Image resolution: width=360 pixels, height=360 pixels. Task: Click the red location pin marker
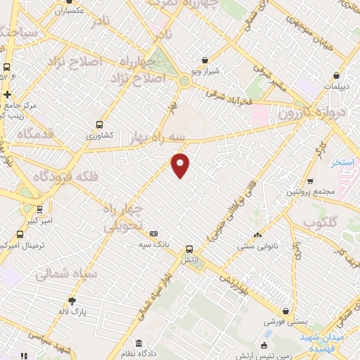point(181,165)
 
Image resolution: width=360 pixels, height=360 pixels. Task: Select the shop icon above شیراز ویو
point(205,60)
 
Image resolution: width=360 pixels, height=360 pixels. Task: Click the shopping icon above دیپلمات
point(337,75)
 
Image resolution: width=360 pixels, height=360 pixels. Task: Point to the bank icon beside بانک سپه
point(154,234)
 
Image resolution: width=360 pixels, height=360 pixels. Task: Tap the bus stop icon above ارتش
point(189,249)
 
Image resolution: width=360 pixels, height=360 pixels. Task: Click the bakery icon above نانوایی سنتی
point(257,236)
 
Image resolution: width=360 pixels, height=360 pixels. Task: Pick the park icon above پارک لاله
point(72,301)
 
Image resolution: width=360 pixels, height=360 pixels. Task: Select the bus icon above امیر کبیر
point(39,209)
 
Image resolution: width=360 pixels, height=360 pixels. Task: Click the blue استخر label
point(342,162)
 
